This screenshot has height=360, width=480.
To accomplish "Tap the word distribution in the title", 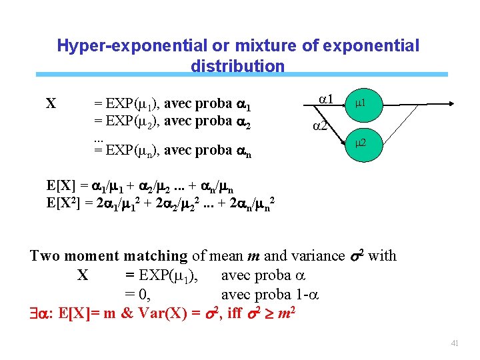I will [x=237, y=66].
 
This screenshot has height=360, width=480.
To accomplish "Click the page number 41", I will [x=455, y=343].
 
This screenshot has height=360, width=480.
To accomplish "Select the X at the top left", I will [x=51, y=104].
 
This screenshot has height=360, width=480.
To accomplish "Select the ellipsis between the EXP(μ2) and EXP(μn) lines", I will [x=98, y=137].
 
